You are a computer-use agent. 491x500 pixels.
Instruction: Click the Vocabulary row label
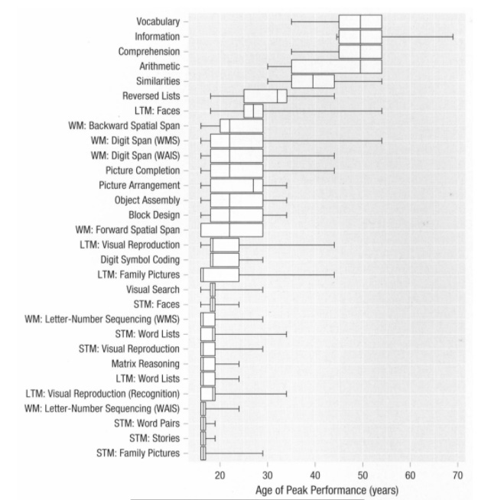pos(154,21)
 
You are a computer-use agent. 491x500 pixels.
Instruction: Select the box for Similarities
pos(313,81)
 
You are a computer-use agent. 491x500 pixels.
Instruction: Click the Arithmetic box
pos(337,67)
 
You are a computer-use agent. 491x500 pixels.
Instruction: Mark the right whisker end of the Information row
pos(453,36)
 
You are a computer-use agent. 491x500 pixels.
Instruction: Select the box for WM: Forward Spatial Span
pos(232,230)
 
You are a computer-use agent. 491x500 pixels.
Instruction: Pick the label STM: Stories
pos(154,439)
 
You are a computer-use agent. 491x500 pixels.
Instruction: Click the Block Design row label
pos(154,216)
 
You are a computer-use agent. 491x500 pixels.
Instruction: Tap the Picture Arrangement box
pos(236,186)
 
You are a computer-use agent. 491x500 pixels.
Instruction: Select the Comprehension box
pos(360,51)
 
